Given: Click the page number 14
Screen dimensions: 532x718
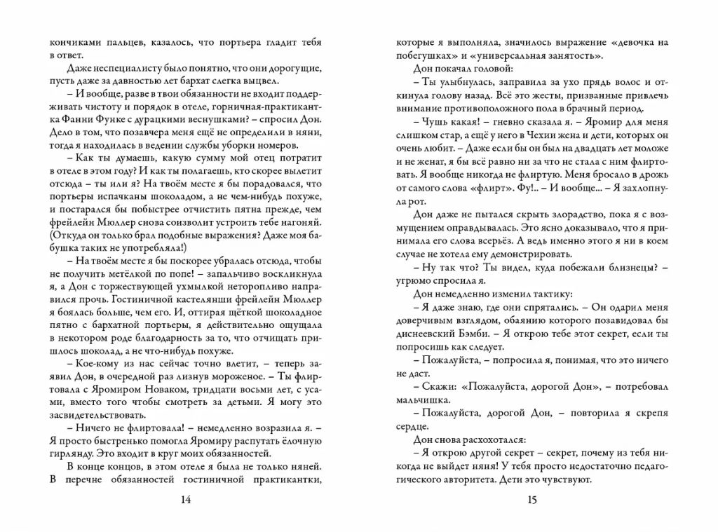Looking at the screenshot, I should pyautogui.click(x=186, y=499).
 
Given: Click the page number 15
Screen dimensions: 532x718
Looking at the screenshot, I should pyautogui.click(x=531, y=499).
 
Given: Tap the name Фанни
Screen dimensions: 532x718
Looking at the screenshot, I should pyautogui.click(x=65, y=120).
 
